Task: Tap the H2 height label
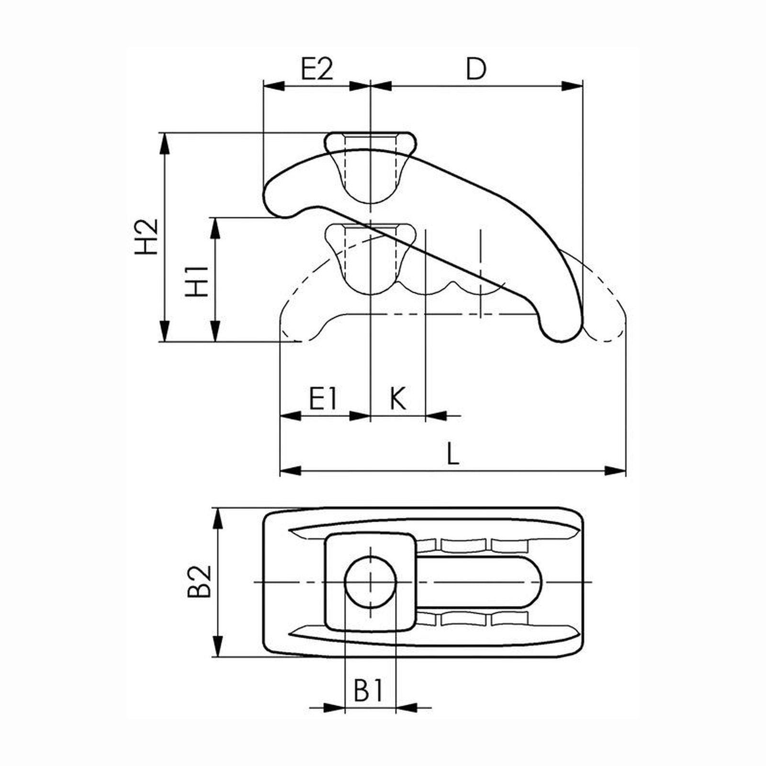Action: (146, 237)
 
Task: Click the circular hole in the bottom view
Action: (371, 582)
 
